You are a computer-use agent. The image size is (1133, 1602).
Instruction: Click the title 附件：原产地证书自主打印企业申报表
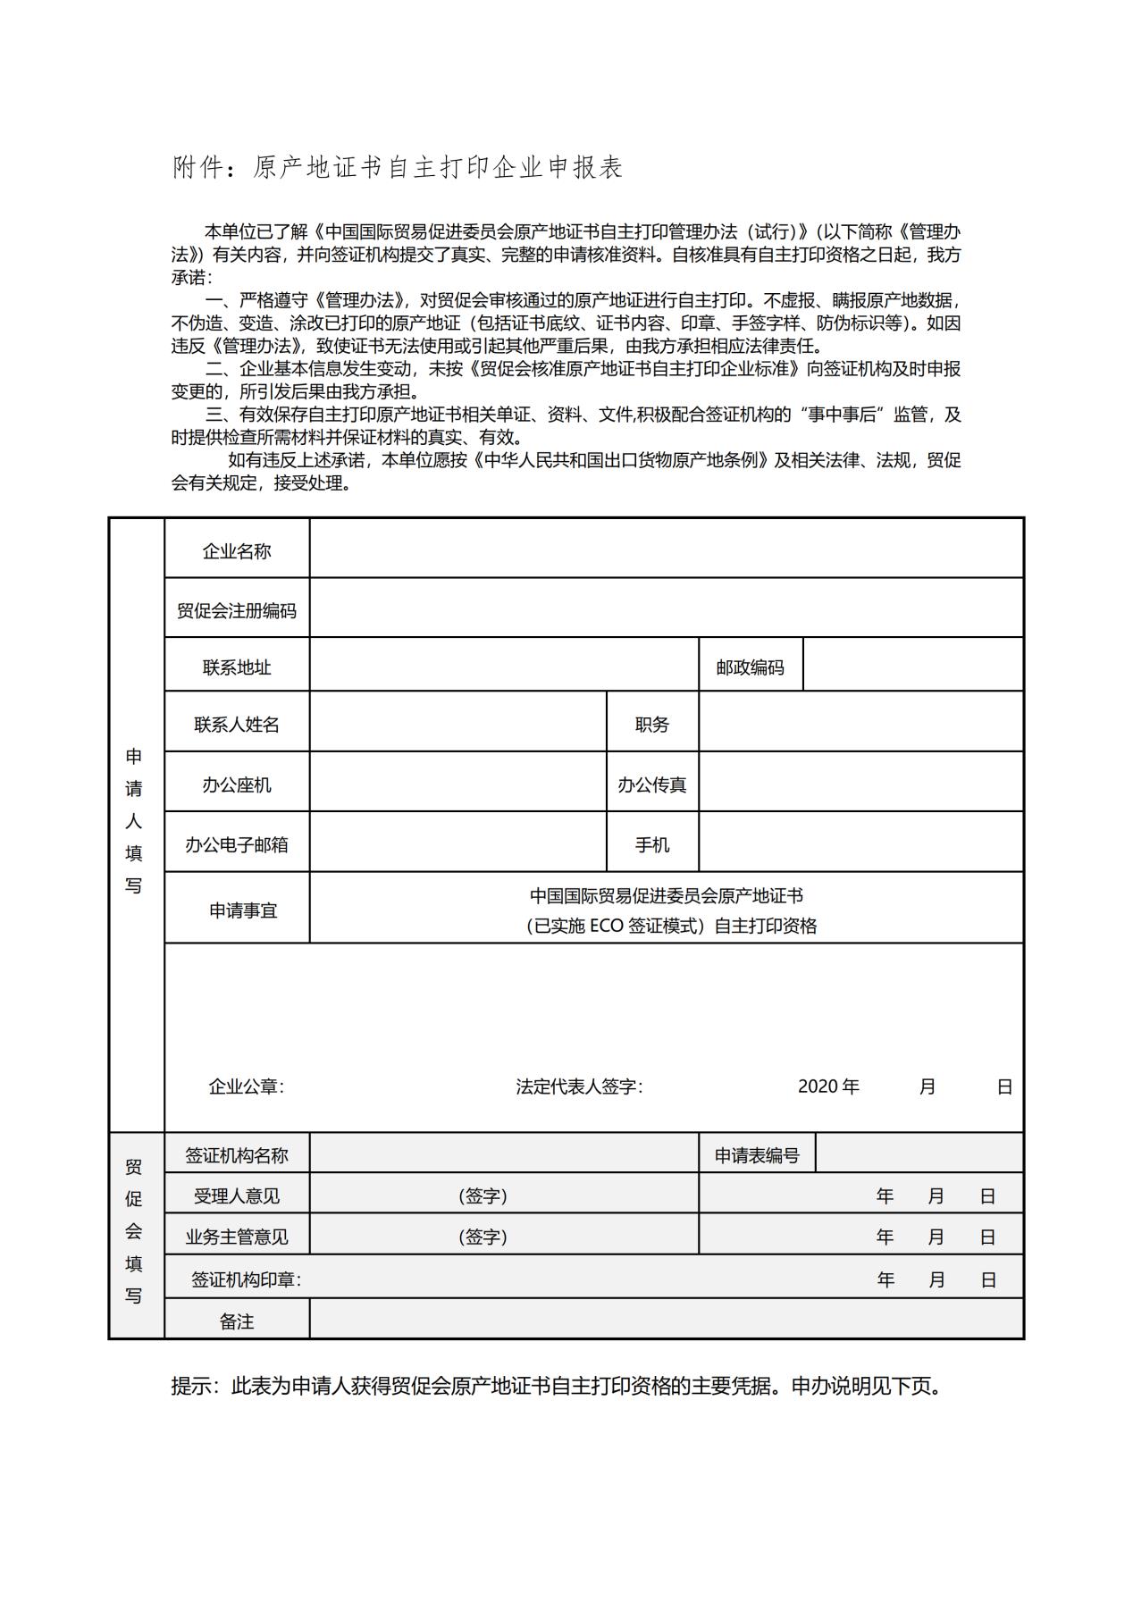(x=397, y=168)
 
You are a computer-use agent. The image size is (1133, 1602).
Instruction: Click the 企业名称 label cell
(x=237, y=551)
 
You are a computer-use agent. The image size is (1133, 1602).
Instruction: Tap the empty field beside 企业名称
(x=666, y=549)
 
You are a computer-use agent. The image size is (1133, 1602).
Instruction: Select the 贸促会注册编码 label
(x=237, y=611)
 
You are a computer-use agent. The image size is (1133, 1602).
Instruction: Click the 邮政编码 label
(x=751, y=667)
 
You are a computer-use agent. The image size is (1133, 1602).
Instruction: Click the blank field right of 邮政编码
(x=912, y=665)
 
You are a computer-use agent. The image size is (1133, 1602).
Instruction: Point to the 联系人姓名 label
(x=237, y=725)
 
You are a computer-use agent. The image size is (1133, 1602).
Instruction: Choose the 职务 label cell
(x=652, y=725)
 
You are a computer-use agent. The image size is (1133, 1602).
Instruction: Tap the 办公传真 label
(x=652, y=785)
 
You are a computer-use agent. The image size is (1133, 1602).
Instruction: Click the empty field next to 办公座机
(x=457, y=782)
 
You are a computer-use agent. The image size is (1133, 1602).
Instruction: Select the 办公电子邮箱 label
(x=237, y=845)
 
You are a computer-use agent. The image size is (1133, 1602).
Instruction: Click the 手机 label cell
(x=652, y=845)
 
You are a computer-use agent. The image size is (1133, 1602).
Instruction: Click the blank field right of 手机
(x=860, y=842)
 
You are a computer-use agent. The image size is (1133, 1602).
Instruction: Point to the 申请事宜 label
(x=243, y=910)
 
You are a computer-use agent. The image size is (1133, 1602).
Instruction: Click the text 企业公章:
(x=246, y=1086)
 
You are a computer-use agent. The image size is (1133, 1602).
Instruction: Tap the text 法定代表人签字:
(x=579, y=1086)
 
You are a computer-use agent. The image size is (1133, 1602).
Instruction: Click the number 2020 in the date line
(x=818, y=1086)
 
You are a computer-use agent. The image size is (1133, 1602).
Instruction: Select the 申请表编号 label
(x=757, y=1155)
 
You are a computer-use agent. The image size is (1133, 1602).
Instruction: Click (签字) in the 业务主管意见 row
(x=483, y=1237)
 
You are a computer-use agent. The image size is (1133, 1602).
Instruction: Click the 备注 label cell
(x=237, y=1321)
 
